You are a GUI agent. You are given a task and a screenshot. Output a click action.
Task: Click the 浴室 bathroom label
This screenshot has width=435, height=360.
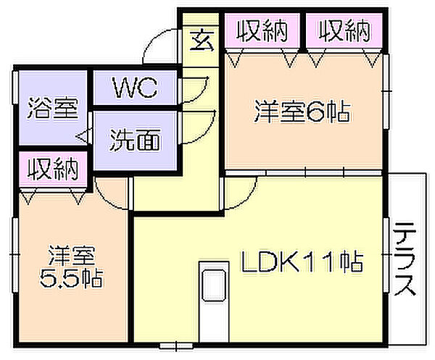[52, 108]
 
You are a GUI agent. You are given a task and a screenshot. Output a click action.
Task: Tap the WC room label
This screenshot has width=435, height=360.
[135, 88]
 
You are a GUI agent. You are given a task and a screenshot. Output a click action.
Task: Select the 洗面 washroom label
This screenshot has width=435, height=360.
[135, 140]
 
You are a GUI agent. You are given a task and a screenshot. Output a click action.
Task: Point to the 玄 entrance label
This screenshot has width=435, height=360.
[202, 41]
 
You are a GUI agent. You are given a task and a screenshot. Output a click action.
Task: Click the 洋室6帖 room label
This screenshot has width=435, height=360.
[302, 112]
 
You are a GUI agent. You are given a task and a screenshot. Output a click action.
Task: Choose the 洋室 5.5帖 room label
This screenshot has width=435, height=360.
[71, 267]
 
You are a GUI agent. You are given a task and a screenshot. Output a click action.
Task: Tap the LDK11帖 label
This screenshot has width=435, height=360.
[302, 261]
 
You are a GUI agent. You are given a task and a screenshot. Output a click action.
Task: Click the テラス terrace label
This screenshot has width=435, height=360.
[405, 259]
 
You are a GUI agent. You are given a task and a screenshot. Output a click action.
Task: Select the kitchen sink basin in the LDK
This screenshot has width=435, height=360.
[214, 285]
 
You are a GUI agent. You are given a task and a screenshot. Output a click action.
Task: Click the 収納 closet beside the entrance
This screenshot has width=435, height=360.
[262, 31]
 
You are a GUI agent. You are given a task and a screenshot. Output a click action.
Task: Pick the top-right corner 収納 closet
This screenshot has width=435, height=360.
[344, 31]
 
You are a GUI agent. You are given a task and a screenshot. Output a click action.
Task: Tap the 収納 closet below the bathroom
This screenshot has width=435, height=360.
[53, 169]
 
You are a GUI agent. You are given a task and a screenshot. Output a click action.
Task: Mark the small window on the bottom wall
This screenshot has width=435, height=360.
[176, 346]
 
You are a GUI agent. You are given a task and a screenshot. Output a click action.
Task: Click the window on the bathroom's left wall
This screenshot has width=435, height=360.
[15, 88]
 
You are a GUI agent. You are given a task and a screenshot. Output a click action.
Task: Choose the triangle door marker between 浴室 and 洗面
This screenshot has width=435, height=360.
[83, 136]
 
